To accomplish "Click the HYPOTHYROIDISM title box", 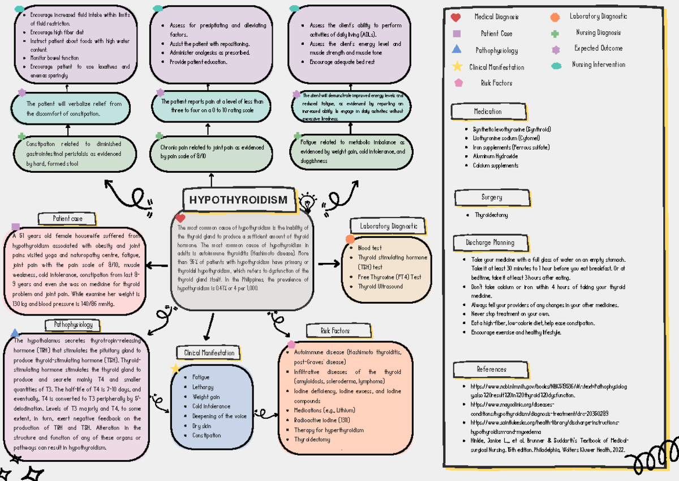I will tap(238, 200).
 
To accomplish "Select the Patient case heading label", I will tap(68, 218).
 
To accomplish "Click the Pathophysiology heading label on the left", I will tap(73, 325).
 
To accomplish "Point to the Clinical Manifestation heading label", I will tap(209, 352).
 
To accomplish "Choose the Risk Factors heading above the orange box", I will tap(335, 330).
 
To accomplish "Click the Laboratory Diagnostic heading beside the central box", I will tap(388, 226).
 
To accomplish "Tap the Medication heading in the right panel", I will tap(488, 112).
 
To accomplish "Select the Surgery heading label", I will tap(492, 197).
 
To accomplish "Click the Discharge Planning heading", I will tap(490, 242).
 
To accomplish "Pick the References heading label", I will tap(491, 369).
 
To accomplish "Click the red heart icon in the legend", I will tap(455, 18).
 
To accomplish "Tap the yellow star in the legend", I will tap(457, 67).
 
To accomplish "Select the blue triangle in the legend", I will tap(457, 50).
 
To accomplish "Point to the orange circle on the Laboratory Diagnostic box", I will tap(350, 239).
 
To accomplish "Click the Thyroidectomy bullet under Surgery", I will tap(491, 215).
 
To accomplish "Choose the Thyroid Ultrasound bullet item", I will tap(380, 287).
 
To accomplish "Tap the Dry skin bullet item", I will tap(202, 425).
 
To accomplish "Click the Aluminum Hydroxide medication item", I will tap(495, 156).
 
